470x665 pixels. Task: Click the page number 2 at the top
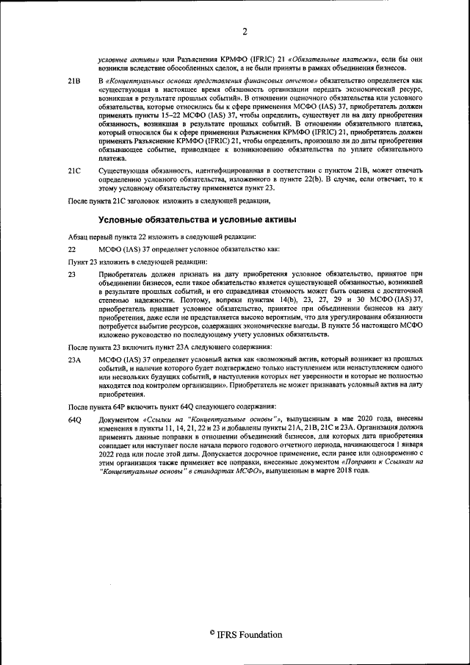(x=245, y=30)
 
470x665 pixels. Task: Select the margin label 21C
(x=74, y=170)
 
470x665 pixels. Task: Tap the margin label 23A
(x=74, y=359)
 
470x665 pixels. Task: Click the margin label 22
(x=72, y=249)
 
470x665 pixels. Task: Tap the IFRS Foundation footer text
(x=249, y=634)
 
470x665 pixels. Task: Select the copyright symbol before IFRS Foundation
(x=211, y=633)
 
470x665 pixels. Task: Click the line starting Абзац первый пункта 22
(x=162, y=236)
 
